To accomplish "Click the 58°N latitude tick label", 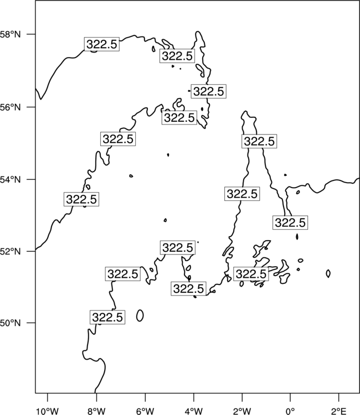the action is (11, 34).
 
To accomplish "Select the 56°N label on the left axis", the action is (11, 107).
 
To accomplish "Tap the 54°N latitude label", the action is (11, 180).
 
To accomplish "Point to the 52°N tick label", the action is (11, 251).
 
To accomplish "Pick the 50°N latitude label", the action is (11, 323).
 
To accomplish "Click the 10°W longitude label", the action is (48, 411).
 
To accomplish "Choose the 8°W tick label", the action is (96, 411).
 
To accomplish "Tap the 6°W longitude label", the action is (145, 411).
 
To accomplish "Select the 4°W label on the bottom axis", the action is (194, 411).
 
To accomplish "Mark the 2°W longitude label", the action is (242, 411).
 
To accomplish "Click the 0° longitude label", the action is (291, 411).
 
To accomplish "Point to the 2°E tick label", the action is (339, 411).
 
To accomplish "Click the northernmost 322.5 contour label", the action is (102, 44).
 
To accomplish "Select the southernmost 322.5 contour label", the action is (107, 317).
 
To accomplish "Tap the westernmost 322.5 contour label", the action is (81, 199).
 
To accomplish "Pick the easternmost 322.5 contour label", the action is (290, 222).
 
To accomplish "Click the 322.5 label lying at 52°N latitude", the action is (177, 248).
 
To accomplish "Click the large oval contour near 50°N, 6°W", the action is (140, 315).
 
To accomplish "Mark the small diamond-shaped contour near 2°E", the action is (328, 273).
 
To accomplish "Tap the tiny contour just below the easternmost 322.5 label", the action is (297, 236).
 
